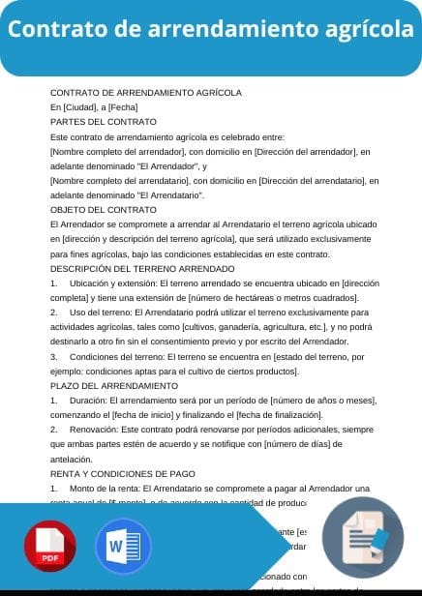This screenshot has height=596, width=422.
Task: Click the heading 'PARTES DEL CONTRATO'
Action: point(103,122)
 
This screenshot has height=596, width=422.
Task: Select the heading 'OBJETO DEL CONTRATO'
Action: point(103,209)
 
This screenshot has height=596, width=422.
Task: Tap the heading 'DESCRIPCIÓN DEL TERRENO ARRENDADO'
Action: point(141,267)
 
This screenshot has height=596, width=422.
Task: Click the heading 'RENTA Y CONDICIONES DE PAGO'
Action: point(122,473)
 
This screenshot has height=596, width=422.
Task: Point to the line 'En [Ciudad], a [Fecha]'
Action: point(94,106)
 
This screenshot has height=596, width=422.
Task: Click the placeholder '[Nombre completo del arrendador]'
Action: point(117,152)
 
